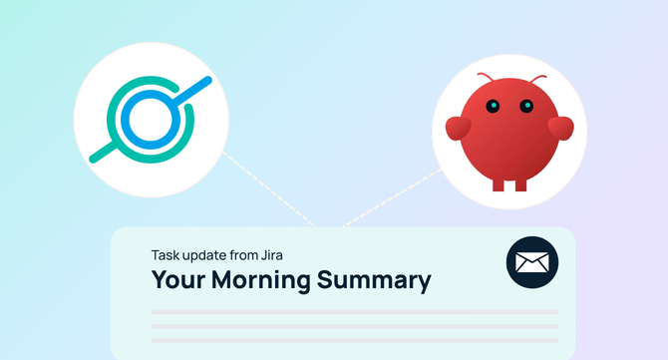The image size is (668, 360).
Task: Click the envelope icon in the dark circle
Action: coord(531,263)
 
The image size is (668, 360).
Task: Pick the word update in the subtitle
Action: coord(204,255)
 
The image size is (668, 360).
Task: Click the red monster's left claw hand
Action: coord(458,129)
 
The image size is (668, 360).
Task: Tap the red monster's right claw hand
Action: coord(561,129)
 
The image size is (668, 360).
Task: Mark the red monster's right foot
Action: coord(520,183)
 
